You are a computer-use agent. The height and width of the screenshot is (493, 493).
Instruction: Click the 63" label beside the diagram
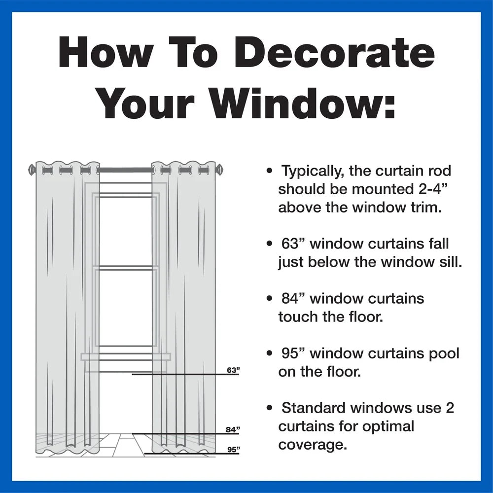[x=233, y=370]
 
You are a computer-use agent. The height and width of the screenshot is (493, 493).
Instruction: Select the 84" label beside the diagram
[x=233, y=429]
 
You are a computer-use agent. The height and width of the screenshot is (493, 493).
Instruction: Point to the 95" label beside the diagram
[x=233, y=450]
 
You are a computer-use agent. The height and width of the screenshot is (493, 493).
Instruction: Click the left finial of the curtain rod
[x=32, y=170]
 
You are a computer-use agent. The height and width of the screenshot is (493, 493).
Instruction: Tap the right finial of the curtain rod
[x=219, y=170]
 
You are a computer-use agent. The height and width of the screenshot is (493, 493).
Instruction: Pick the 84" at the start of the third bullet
[x=294, y=298]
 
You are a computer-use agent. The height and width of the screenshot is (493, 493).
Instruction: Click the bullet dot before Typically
[x=269, y=171]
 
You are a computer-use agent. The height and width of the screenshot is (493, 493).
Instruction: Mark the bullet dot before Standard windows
[x=269, y=408]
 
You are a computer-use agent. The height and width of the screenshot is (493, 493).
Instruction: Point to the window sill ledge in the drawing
[x=126, y=356]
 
